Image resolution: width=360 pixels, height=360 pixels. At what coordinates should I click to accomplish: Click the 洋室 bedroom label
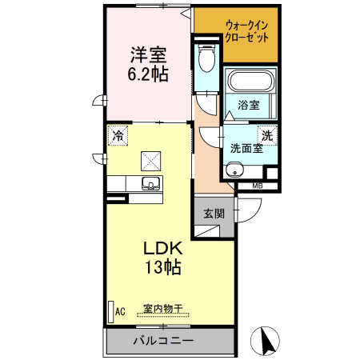148,55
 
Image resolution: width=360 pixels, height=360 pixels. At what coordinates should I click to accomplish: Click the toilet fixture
206,58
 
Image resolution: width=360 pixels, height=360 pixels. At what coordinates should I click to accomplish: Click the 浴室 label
248,106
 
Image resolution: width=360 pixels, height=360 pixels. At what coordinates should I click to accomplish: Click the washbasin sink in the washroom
234,170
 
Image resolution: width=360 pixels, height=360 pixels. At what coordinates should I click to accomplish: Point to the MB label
257,187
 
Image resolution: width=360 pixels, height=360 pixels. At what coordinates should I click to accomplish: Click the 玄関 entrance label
214,214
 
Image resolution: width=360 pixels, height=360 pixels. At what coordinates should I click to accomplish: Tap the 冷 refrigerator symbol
118,136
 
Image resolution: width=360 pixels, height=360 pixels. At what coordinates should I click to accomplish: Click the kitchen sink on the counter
150,184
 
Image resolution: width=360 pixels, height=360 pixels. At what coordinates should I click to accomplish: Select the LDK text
162,249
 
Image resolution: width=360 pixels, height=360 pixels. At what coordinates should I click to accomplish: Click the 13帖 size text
162,267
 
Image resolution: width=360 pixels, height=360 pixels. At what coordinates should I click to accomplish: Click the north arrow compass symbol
266,342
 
